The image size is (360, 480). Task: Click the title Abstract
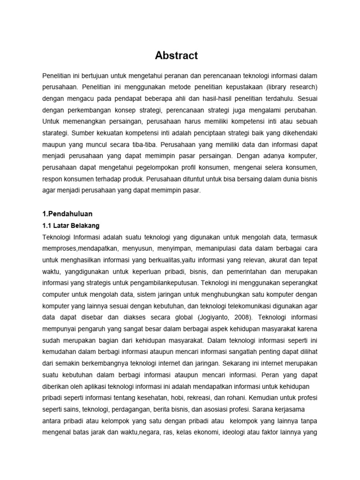176,56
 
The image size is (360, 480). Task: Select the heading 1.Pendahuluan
67,214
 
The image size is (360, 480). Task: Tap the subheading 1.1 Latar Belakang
71,225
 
